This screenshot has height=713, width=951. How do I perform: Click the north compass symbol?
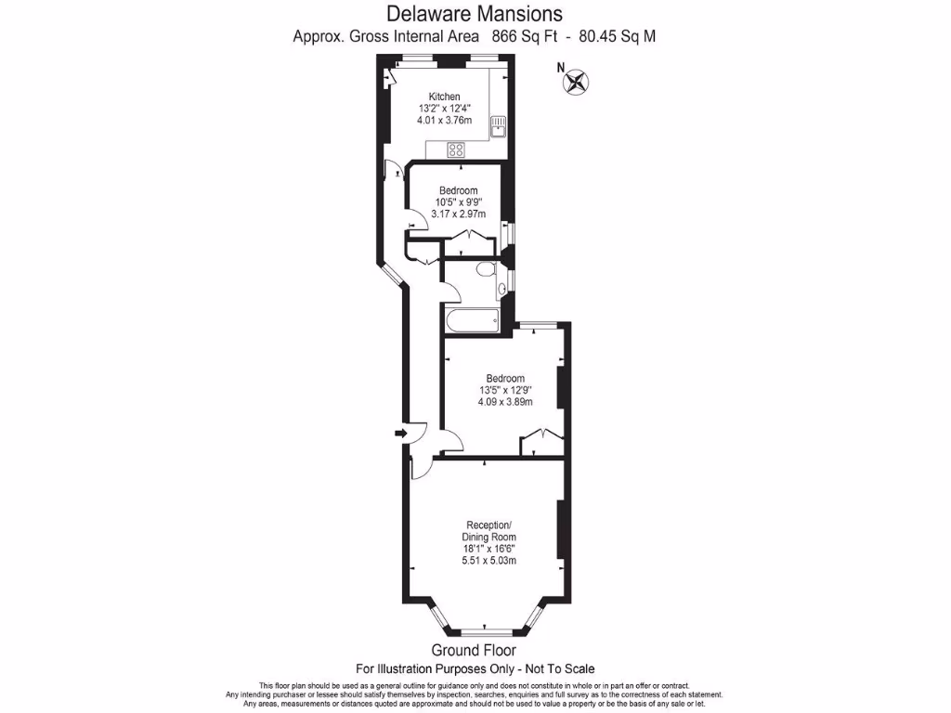pyautogui.click(x=575, y=82)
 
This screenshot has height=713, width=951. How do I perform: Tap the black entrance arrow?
pyautogui.click(x=400, y=433)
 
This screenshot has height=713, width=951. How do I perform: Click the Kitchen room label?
pyautogui.click(x=444, y=97)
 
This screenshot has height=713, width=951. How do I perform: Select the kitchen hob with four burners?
pyautogui.click(x=456, y=149)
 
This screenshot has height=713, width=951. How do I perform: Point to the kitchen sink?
pyautogui.click(x=497, y=125)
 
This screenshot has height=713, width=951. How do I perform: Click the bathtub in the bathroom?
pyautogui.click(x=471, y=322)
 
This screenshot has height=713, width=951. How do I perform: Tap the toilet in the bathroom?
pyautogui.click(x=483, y=270)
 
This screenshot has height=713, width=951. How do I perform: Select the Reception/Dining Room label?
pyautogui.click(x=489, y=529)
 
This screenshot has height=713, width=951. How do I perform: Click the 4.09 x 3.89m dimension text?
pyautogui.click(x=505, y=402)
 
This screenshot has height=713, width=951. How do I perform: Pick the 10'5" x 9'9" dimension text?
pyautogui.click(x=459, y=202)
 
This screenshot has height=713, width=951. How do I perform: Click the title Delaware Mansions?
pyautogui.click(x=475, y=14)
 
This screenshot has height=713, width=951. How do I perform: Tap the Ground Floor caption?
pyautogui.click(x=475, y=650)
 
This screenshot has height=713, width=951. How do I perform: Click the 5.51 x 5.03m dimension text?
pyautogui.click(x=489, y=560)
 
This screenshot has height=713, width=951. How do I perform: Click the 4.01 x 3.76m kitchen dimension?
pyautogui.click(x=444, y=120)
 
